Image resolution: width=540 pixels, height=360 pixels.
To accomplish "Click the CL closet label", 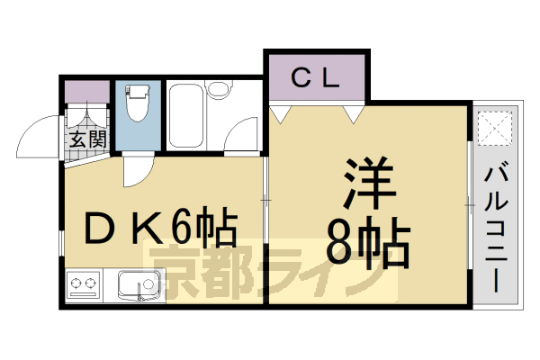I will (315, 77).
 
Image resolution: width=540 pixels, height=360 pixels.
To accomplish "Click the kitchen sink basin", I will (137, 287).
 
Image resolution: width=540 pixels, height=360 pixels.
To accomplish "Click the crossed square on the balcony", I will (495, 129).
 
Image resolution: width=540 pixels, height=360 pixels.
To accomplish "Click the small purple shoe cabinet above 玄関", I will (86, 92).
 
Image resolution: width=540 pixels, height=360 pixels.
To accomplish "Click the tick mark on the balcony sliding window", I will (469, 208).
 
